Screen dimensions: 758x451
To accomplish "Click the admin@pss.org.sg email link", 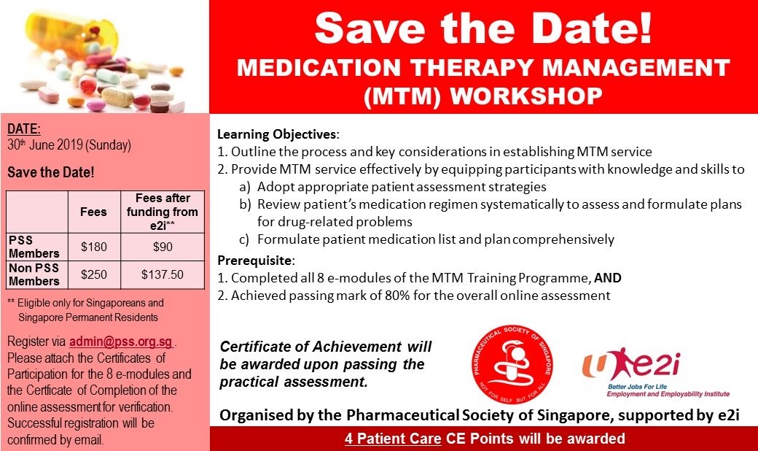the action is point(121,342).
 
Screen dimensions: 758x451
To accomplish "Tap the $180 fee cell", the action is point(94,247).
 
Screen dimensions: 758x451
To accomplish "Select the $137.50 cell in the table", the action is point(163,275).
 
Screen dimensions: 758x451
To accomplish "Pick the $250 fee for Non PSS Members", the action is point(94,275).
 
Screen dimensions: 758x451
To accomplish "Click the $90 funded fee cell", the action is point(163,247).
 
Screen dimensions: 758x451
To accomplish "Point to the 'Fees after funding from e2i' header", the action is point(163,212).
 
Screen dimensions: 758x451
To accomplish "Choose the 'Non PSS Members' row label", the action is point(34,274).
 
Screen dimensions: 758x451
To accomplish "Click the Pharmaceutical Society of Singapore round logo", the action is point(512,365).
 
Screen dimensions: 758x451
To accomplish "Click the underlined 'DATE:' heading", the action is point(23,128).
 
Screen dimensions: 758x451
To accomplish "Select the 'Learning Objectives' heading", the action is point(277,134).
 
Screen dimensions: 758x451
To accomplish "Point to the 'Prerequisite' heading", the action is point(255,261).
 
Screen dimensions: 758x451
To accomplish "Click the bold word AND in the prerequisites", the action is point(608,278).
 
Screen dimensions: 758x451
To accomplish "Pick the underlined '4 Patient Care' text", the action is point(393,439).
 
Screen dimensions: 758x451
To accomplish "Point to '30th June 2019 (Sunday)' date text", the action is point(69,145).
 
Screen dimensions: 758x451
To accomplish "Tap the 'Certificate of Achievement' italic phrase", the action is point(310,347).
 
